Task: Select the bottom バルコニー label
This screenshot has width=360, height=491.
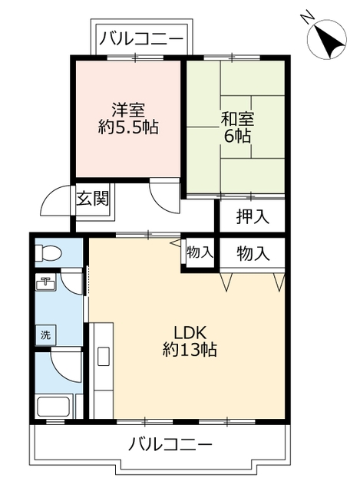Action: (170, 443)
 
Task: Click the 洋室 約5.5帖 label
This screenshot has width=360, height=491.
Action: (128, 119)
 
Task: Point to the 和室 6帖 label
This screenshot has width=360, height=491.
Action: (236, 127)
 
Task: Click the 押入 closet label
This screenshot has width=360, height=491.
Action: (252, 216)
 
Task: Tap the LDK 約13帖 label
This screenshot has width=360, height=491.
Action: (189, 341)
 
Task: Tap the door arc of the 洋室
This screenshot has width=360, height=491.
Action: (163, 196)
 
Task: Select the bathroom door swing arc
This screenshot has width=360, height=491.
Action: (63, 367)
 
